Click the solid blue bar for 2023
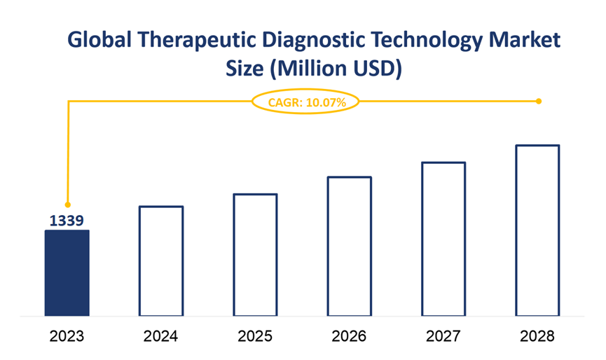[67, 272]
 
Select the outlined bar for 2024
[161, 261]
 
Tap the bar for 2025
[255, 254]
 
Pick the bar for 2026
[350, 246]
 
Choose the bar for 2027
[443, 239]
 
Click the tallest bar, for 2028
[537, 230]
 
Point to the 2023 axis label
[67, 337]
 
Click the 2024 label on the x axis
[161, 337]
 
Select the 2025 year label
[255, 337]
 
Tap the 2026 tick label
[350, 337]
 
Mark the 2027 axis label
[443, 337]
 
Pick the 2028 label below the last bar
[537, 337]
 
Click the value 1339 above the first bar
[67, 221]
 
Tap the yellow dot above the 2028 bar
[539, 102]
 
